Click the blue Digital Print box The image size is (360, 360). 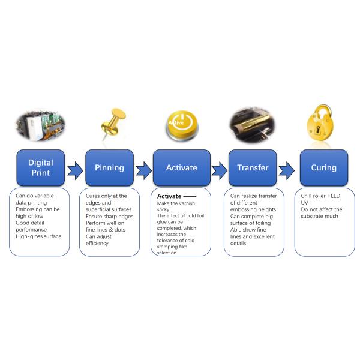pyautogui.click(x=40, y=167)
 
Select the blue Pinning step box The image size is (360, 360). pyautogui.click(x=109, y=167)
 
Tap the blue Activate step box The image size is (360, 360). pyautogui.click(x=181, y=167)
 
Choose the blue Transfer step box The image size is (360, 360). pyautogui.click(x=253, y=167)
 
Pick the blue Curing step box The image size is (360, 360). pyautogui.click(x=323, y=167)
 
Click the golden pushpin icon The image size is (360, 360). pyautogui.click(x=112, y=123)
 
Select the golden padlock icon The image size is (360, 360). pyautogui.click(x=322, y=123)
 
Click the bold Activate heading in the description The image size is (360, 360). pyautogui.click(x=169, y=196)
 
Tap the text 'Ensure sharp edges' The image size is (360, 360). pyautogui.click(x=109, y=216)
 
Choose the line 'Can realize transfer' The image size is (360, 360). pyautogui.click(x=255, y=196)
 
